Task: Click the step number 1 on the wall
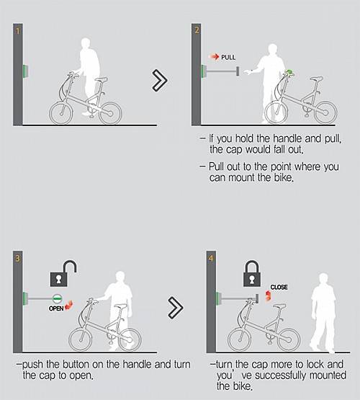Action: click(17, 31)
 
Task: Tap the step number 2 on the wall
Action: click(197, 30)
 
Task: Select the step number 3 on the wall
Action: click(17, 259)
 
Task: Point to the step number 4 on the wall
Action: click(211, 259)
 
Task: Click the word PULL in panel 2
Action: click(228, 57)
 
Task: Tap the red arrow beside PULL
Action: click(215, 57)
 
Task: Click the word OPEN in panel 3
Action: click(56, 308)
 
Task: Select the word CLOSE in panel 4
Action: click(279, 287)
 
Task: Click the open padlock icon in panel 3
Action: click(63, 273)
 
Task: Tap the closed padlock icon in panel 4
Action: click(252, 273)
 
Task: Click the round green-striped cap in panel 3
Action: click(58, 298)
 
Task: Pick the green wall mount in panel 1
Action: click(25, 71)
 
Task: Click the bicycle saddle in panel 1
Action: click(101, 79)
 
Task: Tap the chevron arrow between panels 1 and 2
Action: click(160, 81)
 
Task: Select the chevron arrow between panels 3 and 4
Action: click(176, 308)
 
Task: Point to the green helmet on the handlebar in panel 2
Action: click(289, 73)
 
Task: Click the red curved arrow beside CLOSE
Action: click(268, 295)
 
